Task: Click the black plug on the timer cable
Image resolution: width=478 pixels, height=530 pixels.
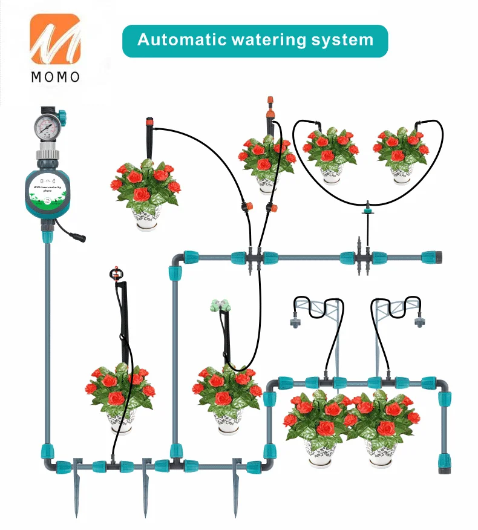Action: tap(79, 238)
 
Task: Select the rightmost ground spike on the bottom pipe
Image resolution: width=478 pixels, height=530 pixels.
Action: tap(236, 487)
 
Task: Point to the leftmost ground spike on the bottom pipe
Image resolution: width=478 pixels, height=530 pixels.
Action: tap(76, 487)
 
